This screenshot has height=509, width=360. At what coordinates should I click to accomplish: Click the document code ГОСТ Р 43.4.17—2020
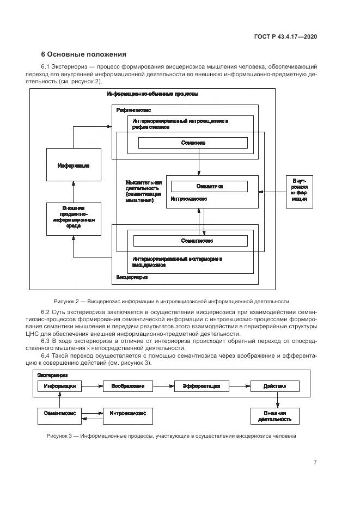285,36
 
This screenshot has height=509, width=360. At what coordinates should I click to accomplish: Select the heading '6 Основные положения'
84,54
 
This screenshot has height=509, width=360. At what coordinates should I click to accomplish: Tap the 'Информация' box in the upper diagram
74,165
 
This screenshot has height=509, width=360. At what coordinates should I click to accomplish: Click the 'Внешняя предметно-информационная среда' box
74,219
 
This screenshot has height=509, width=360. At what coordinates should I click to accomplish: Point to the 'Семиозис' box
193,143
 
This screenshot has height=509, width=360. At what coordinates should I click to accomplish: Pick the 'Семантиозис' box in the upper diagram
190,240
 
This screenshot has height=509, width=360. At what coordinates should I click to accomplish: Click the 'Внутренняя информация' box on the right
299,192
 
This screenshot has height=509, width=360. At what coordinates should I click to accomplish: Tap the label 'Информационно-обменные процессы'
152,94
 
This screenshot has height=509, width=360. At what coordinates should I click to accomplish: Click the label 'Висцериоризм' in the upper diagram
132,277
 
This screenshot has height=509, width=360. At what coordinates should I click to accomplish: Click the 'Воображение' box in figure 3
128,386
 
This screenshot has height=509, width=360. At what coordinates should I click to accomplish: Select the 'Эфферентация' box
197,386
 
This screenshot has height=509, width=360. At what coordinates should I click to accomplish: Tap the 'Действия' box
275,386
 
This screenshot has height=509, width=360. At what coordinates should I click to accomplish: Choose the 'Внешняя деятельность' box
275,416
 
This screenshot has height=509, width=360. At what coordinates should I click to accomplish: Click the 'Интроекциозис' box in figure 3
128,413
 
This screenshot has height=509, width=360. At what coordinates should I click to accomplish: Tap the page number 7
315,463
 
